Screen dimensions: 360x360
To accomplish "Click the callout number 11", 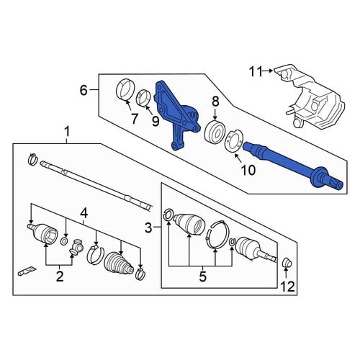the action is click(x=256, y=71).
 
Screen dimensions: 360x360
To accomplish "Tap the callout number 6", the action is click(x=84, y=91).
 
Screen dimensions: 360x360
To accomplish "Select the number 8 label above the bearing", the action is click(x=215, y=102).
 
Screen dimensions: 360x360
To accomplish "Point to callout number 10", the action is click(x=248, y=170).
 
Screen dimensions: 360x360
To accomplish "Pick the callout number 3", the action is click(x=148, y=228).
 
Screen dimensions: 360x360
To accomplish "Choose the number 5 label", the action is click(x=202, y=276).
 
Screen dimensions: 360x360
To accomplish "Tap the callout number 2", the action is click(x=59, y=276).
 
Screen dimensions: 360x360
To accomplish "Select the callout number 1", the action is click(x=67, y=132).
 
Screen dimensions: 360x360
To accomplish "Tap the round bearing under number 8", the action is click(x=214, y=131).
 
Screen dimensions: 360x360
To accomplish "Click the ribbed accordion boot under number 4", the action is click(x=119, y=263).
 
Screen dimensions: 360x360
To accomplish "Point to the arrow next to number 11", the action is click(x=268, y=71).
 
